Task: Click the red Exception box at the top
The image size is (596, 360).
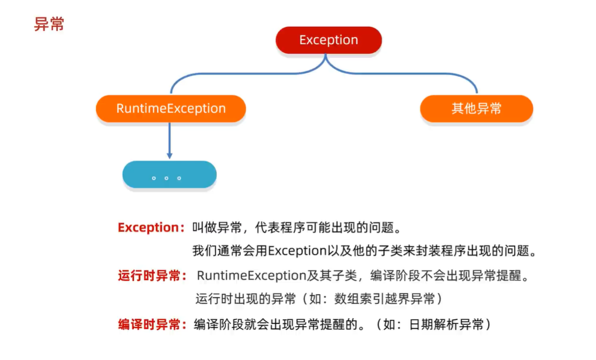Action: tap(329, 40)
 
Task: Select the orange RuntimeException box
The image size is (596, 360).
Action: tap(171, 108)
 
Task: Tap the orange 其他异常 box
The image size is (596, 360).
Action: tap(476, 108)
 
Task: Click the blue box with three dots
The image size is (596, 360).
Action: tap(170, 174)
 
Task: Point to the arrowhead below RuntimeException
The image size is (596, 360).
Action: tap(170, 156)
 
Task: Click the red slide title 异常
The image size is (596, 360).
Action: tap(49, 24)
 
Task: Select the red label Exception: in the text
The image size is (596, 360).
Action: tap(151, 228)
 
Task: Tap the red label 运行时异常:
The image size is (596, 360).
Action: tap(151, 276)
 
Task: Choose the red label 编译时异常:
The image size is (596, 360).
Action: tap(151, 324)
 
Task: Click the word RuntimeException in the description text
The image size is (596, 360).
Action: tap(251, 276)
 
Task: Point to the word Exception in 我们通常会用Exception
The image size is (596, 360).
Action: tap(297, 251)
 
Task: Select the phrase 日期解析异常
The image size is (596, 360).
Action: tap(446, 324)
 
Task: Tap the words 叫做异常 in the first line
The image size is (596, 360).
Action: tap(217, 228)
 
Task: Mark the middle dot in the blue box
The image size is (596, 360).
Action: tap(166, 178)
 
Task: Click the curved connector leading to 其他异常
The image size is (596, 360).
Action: tap(403, 73)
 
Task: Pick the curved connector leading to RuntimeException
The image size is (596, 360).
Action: tap(247, 73)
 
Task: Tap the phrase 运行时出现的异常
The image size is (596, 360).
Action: tap(245, 299)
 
